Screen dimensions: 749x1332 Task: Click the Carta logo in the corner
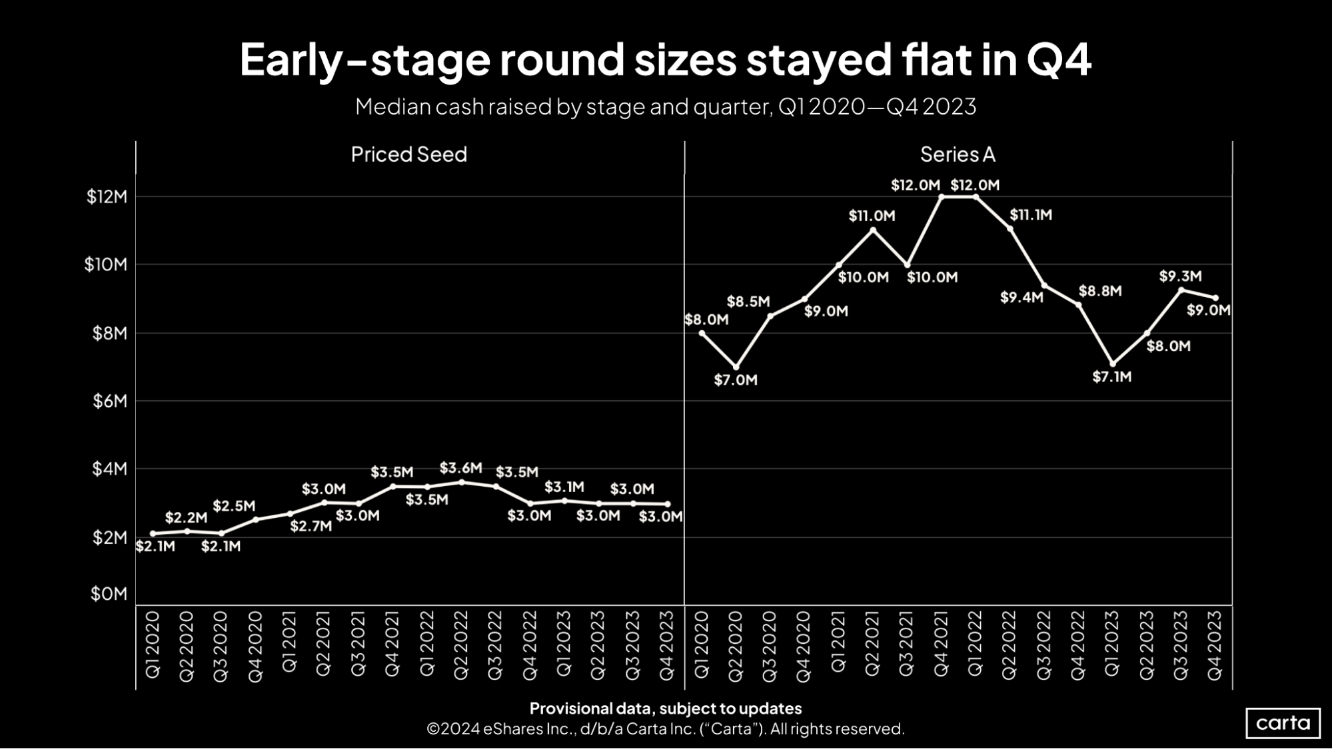coord(1283,723)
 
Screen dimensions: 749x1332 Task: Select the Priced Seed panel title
coord(408,154)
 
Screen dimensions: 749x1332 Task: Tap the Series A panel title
coord(958,154)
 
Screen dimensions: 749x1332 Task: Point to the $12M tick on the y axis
coord(107,196)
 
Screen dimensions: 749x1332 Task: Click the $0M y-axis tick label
coord(109,593)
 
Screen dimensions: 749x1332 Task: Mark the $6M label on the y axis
coord(109,401)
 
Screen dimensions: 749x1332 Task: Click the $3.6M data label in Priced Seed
coord(460,468)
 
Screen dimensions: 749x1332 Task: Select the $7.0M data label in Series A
coord(736,380)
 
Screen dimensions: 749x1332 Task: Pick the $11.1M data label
coord(1031,215)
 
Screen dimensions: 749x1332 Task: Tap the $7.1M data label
coord(1111,377)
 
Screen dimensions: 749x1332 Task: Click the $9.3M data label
coord(1180,276)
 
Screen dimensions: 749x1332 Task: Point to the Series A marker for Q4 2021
coord(941,196)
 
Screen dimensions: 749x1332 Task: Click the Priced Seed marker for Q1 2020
coord(153,533)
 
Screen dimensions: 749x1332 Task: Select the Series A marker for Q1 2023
coord(1112,364)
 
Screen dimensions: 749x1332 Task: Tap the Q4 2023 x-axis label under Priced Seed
coord(667,646)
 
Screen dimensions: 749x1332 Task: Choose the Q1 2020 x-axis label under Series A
coord(702,646)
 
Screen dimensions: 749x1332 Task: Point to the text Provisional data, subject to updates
coord(665,708)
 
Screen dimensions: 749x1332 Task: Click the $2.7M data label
coord(311,527)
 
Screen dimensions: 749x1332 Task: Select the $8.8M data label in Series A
coord(1100,291)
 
